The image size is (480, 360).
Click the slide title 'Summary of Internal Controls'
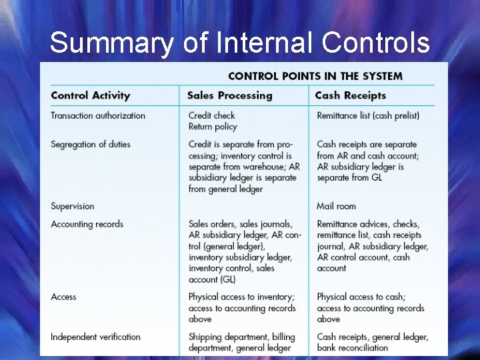point(240,43)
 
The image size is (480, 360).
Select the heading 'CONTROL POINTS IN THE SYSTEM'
point(315,75)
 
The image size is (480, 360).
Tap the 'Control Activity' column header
point(91,95)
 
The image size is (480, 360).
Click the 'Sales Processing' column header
point(230,95)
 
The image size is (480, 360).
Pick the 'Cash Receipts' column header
point(350,95)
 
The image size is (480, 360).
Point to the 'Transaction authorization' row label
point(98,115)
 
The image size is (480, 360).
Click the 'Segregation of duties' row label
point(91,144)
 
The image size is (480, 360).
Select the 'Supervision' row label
point(73,206)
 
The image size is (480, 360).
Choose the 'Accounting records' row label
point(87,224)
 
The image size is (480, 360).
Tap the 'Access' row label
point(64,297)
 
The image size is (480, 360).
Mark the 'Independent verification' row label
point(96,337)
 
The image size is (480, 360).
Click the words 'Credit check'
point(212,115)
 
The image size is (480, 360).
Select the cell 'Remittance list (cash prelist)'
point(368,115)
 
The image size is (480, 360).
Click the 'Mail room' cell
point(337,206)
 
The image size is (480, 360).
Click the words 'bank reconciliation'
point(353,348)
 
